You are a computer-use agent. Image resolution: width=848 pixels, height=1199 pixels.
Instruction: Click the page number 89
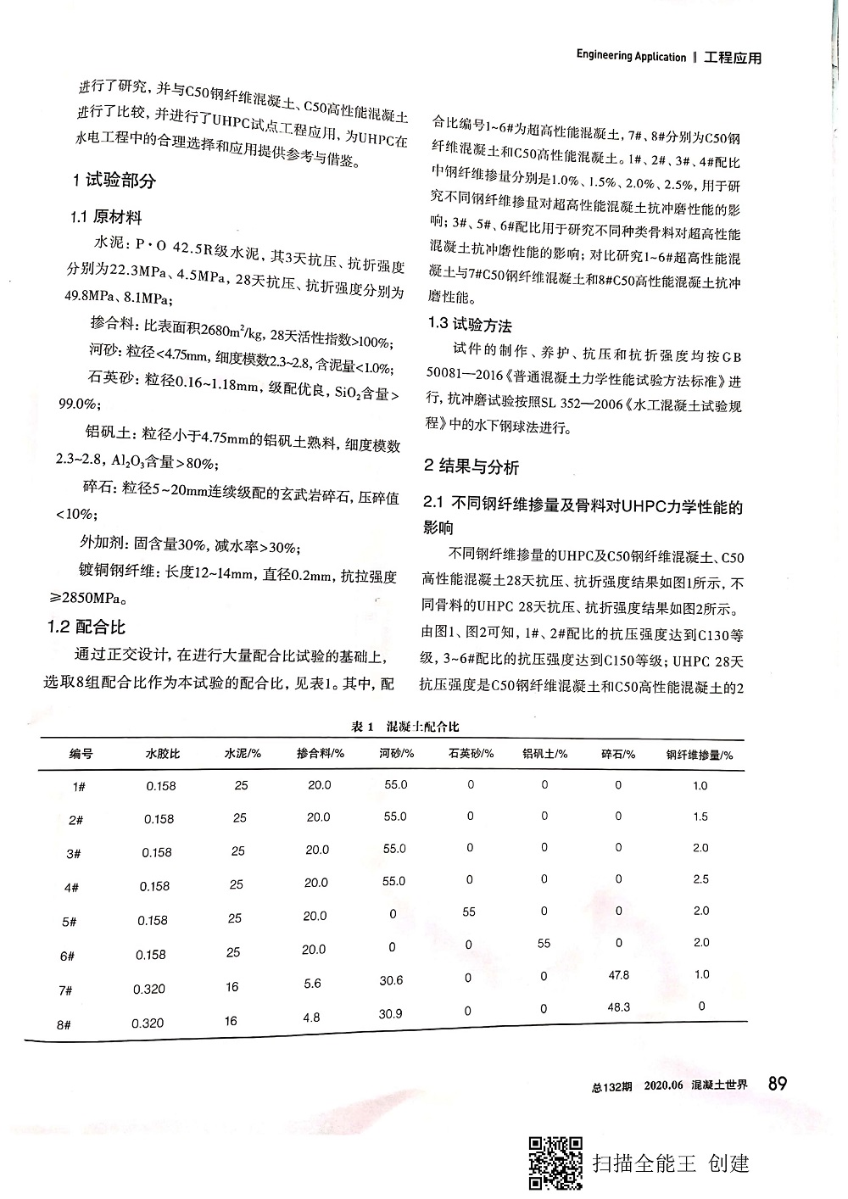point(777,1083)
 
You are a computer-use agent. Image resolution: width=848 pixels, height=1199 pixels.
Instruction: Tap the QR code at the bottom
point(555,1163)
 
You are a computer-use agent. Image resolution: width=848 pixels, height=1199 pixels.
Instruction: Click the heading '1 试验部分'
point(114,181)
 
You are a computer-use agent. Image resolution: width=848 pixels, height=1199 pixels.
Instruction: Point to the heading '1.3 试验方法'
point(470,325)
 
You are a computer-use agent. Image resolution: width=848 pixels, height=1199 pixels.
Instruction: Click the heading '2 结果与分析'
point(471,466)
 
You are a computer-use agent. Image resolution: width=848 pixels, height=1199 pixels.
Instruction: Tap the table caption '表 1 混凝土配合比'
point(405,727)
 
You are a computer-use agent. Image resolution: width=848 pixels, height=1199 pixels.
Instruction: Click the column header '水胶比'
point(162,753)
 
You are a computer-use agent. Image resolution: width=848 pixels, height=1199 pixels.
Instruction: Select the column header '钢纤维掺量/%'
point(700,754)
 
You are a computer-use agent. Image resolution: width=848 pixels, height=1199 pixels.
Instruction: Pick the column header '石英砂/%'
point(471,753)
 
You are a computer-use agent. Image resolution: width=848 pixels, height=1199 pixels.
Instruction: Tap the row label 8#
point(64,1024)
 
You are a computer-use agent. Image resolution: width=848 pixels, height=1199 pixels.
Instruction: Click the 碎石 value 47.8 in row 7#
point(619,975)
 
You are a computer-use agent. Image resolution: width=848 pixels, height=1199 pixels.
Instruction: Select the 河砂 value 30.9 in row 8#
point(391,1013)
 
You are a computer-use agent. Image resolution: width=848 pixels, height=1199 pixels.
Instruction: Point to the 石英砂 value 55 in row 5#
point(469,912)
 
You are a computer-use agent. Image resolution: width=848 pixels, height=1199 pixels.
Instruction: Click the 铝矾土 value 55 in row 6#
point(544,943)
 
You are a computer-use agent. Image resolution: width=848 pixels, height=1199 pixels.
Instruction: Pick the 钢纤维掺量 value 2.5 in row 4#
point(700,879)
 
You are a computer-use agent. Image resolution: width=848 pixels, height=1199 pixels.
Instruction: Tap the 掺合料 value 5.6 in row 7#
point(312,984)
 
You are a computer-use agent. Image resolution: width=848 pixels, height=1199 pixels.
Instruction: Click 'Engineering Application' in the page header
point(631,57)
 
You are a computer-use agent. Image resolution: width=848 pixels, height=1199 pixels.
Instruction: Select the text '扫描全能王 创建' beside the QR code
point(671,1163)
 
